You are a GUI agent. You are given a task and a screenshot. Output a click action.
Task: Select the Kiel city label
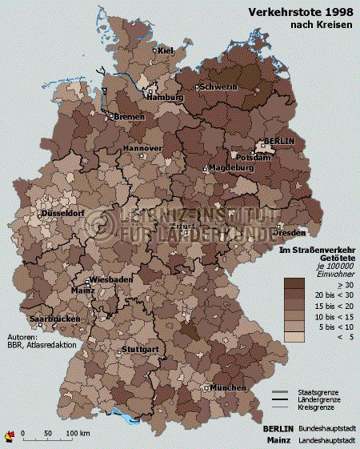click(x=166, y=51)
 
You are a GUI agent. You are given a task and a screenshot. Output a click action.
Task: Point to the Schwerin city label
click(x=218, y=86)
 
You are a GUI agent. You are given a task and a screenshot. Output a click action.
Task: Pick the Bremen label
click(x=130, y=117)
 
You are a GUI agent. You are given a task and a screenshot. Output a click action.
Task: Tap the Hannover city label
click(x=142, y=150)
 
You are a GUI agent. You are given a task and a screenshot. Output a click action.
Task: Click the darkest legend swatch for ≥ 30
click(x=294, y=283)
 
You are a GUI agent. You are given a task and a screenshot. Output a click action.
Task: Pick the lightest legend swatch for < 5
click(x=294, y=338)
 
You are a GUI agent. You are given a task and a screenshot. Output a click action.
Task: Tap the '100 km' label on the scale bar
click(x=78, y=433)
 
